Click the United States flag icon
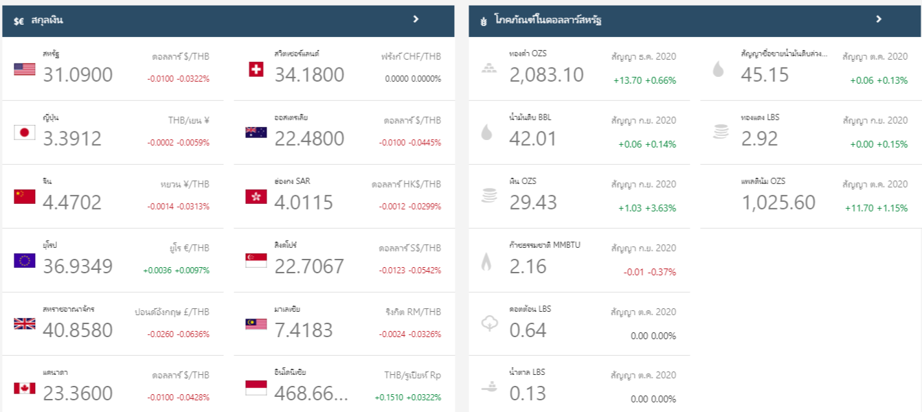click(x=25, y=69)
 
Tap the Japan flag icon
click(x=25, y=133)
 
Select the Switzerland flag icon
click(x=256, y=69)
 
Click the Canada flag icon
click(x=25, y=388)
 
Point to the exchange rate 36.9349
click(x=78, y=266)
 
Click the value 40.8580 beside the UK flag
click(x=78, y=330)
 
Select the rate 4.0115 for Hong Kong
click(x=304, y=203)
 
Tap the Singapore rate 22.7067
click(x=309, y=266)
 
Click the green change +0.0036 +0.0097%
click(x=176, y=271)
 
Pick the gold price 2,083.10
click(x=546, y=75)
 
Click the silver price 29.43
click(x=533, y=203)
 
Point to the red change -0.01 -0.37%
click(x=649, y=272)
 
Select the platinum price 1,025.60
click(x=778, y=203)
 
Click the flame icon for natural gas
click(x=486, y=261)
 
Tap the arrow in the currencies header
click(x=416, y=19)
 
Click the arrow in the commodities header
click(x=879, y=19)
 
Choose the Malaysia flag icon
click(x=256, y=324)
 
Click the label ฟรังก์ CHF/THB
click(x=411, y=57)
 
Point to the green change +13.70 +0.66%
click(x=644, y=80)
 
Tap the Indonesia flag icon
click(x=256, y=388)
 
